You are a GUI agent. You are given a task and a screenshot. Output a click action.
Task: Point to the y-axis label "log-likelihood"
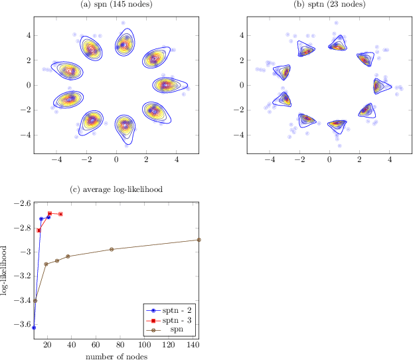click(x=5, y=272)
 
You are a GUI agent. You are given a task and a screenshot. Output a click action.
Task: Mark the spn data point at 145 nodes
click(x=199, y=240)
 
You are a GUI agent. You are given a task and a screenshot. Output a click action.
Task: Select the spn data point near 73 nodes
click(x=112, y=249)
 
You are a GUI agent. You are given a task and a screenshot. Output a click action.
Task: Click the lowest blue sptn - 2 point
click(x=34, y=327)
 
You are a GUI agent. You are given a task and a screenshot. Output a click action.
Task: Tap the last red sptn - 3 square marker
click(x=60, y=214)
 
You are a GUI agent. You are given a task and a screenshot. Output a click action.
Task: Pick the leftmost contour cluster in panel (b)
click(x=283, y=72)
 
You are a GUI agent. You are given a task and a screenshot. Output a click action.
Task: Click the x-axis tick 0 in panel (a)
click(x=117, y=160)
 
